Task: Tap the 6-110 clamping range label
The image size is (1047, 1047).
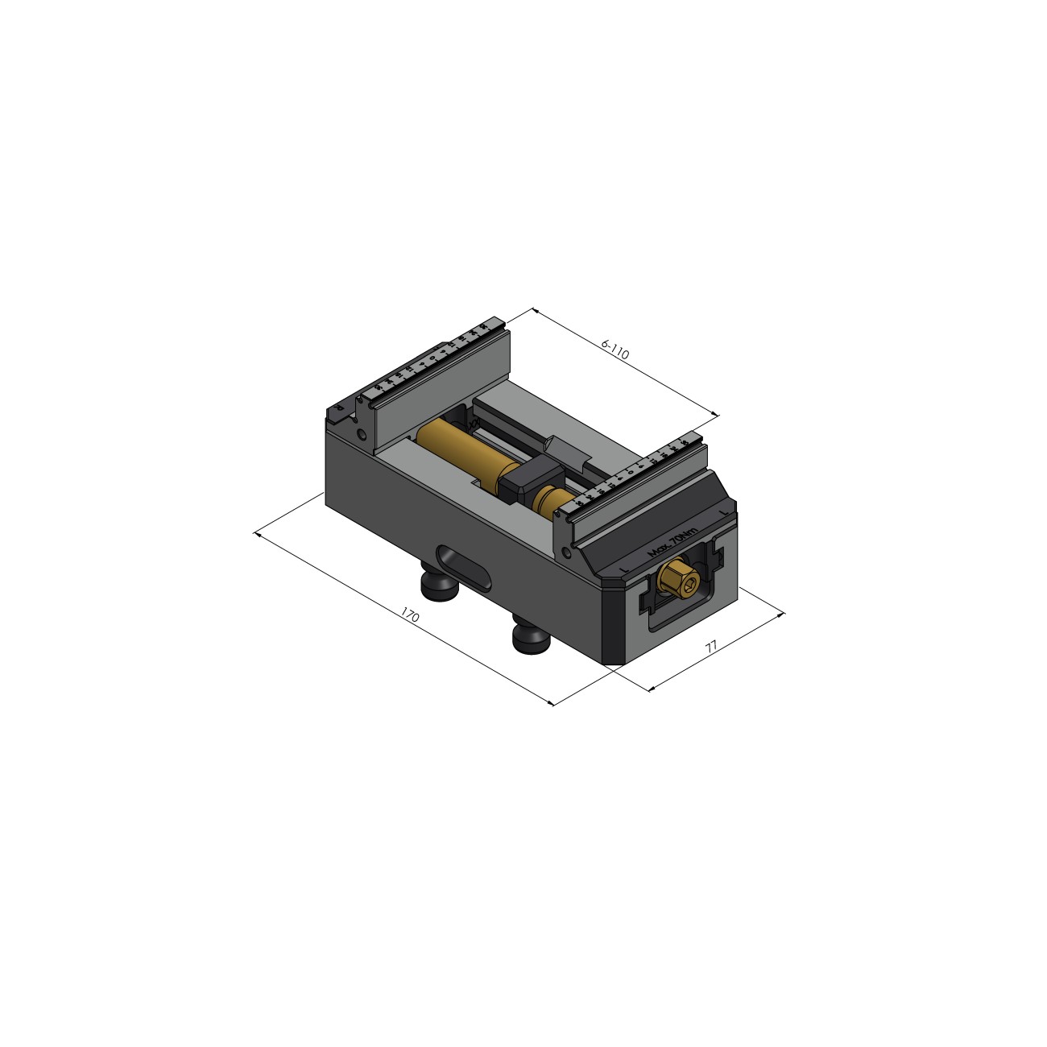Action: (x=615, y=351)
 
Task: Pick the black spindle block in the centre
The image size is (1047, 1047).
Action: (x=526, y=480)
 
